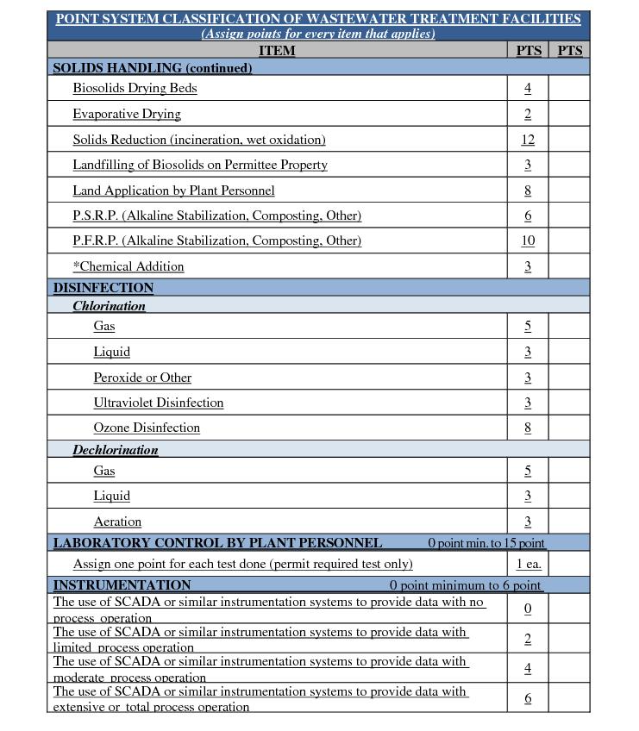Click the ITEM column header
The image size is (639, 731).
pos(277,51)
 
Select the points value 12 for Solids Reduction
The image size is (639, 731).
pos(528,140)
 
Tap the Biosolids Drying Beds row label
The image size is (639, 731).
pos(135,88)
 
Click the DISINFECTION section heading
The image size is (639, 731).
pos(103,288)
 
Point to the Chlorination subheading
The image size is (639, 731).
pos(109,306)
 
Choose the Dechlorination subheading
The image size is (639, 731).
pos(116,450)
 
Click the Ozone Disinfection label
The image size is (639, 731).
pos(147,428)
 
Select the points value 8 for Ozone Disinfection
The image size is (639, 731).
pos(528,428)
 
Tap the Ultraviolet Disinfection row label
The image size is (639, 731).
pos(159,403)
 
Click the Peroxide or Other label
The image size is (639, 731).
pos(142,378)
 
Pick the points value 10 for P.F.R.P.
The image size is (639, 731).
pos(528,241)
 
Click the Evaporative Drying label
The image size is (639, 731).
pos(127,114)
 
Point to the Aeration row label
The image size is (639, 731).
pos(117,522)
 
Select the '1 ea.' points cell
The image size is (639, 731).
pos(529,565)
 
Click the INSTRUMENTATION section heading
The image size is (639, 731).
pos(122,585)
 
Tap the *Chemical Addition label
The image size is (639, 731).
pos(128,266)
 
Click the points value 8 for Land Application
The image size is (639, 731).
pos(528,191)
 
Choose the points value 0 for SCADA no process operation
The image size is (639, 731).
pos(528,609)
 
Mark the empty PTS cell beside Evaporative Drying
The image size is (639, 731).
pos(569,114)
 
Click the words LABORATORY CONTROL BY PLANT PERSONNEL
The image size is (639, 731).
pos(217,543)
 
